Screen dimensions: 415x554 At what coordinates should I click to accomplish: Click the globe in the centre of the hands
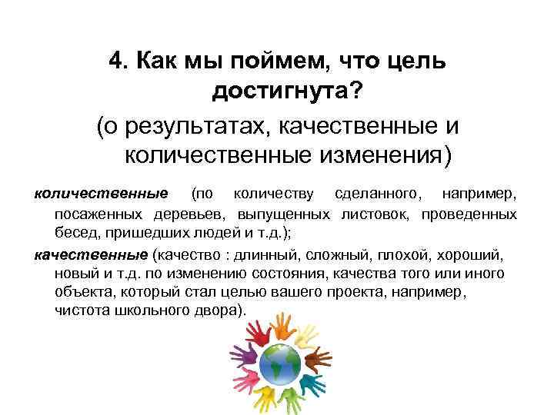point(280,364)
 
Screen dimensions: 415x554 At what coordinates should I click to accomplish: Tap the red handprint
point(259,335)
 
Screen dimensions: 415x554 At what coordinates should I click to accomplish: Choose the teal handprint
point(309,385)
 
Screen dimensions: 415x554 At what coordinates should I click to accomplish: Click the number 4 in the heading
point(116,61)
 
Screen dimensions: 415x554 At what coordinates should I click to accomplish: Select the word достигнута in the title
point(279,92)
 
